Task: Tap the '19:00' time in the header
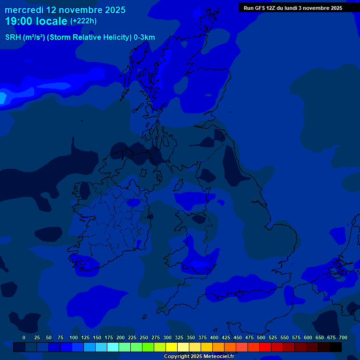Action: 19,21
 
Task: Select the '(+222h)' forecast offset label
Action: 83,21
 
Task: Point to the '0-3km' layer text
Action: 144,37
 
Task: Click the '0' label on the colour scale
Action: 24,337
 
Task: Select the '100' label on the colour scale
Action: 74,337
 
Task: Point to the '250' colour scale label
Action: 144,337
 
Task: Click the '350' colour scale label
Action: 191,337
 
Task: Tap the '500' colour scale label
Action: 261,337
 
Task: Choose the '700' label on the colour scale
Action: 343,337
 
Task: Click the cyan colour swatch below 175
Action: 113,347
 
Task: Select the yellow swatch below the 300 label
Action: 172,347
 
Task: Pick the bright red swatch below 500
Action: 265,347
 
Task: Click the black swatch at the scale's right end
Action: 336,347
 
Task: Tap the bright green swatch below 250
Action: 148,347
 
